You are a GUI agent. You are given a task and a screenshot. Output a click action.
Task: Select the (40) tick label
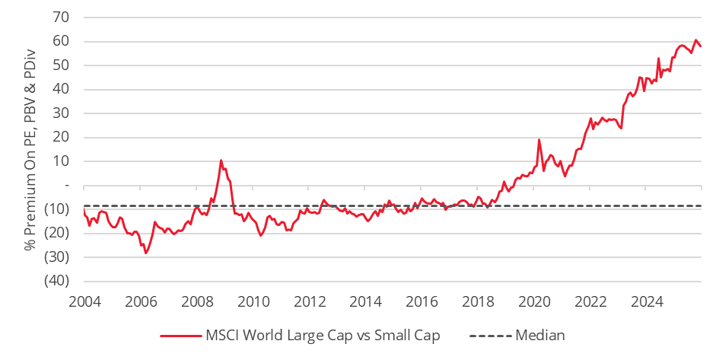[58, 281]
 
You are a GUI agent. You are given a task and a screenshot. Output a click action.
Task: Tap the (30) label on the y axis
[58, 257]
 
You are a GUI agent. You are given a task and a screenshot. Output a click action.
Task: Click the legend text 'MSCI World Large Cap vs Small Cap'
[323, 335]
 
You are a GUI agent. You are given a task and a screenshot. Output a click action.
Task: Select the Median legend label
[540, 335]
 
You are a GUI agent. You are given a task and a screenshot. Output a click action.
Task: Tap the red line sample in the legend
[180, 335]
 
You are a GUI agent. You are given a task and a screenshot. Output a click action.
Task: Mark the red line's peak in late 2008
[221, 161]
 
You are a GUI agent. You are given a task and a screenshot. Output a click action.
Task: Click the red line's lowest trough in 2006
[145, 252]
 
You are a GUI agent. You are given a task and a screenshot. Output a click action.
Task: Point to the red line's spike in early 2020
[539, 139]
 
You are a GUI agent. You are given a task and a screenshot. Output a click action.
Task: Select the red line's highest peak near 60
[695, 40]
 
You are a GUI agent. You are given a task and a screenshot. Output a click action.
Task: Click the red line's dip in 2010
[261, 235]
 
